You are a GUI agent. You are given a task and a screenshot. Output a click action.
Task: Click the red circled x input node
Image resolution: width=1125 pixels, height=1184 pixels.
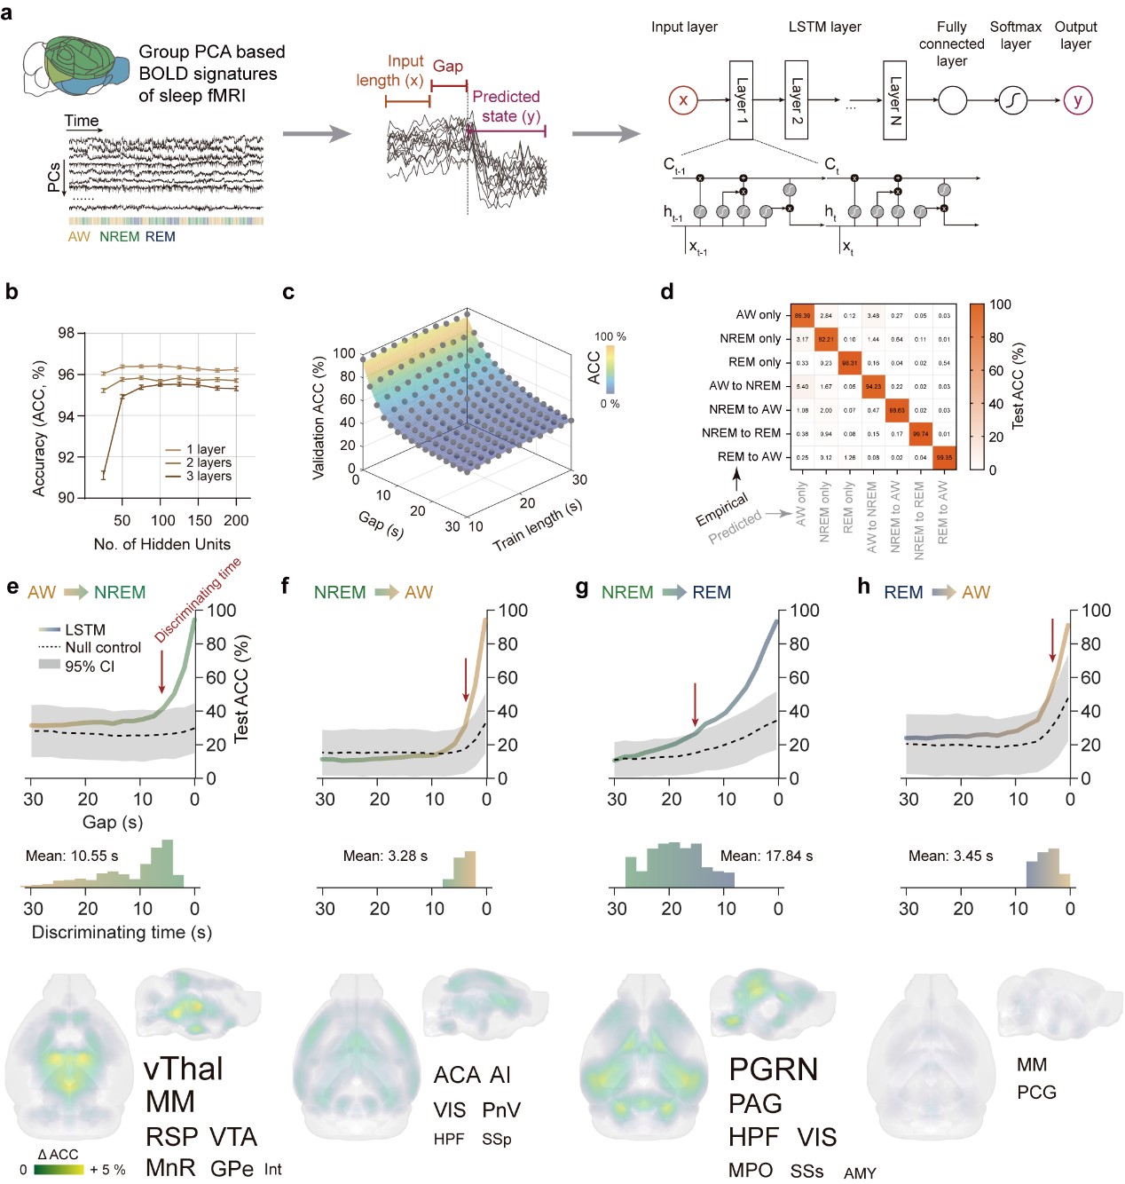tap(683, 100)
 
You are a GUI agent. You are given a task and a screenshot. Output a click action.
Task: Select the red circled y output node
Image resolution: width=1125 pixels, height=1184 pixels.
tap(1077, 100)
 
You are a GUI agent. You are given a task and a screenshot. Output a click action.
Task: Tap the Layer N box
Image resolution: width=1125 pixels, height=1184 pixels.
tap(894, 100)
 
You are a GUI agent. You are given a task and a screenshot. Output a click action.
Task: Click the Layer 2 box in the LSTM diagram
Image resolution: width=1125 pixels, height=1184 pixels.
tap(796, 100)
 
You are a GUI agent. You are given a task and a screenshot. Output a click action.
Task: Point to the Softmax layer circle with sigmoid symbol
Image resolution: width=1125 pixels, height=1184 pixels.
tap(1012, 100)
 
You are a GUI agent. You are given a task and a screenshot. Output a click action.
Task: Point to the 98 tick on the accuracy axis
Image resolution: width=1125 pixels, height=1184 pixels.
tap(67, 333)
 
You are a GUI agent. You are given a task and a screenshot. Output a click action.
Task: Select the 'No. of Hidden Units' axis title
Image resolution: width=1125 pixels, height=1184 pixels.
tap(161, 544)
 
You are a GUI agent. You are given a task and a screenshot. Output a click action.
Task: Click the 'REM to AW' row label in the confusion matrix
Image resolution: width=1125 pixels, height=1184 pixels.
tap(749, 456)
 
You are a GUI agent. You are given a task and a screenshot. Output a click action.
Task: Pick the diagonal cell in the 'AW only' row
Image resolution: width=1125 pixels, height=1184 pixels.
tap(802, 315)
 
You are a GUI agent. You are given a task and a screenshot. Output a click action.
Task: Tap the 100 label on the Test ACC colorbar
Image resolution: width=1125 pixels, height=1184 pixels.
tap(1000, 304)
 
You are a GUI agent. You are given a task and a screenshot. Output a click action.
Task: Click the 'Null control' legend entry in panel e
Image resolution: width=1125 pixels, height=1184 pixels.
tap(103, 647)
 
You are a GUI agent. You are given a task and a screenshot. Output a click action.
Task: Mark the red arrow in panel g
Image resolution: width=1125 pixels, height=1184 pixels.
tap(696, 705)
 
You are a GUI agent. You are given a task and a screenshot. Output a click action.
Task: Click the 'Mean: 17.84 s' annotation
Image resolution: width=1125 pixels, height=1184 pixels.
tap(767, 856)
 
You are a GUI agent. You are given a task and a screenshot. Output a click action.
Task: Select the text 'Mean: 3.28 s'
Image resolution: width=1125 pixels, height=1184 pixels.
tap(385, 856)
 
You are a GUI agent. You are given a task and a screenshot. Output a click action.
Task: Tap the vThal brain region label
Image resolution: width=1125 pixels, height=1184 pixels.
tap(184, 1069)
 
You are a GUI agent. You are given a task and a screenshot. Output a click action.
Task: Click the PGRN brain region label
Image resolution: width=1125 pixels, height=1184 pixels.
tap(773, 1070)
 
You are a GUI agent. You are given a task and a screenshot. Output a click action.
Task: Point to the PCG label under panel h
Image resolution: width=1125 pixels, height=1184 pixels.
tap(1036, 1093)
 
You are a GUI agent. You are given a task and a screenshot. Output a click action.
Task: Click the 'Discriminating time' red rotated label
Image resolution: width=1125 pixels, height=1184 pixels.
tap(198, 600)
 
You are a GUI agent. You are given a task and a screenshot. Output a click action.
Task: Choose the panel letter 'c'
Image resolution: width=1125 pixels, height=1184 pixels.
tap(288, 292)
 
